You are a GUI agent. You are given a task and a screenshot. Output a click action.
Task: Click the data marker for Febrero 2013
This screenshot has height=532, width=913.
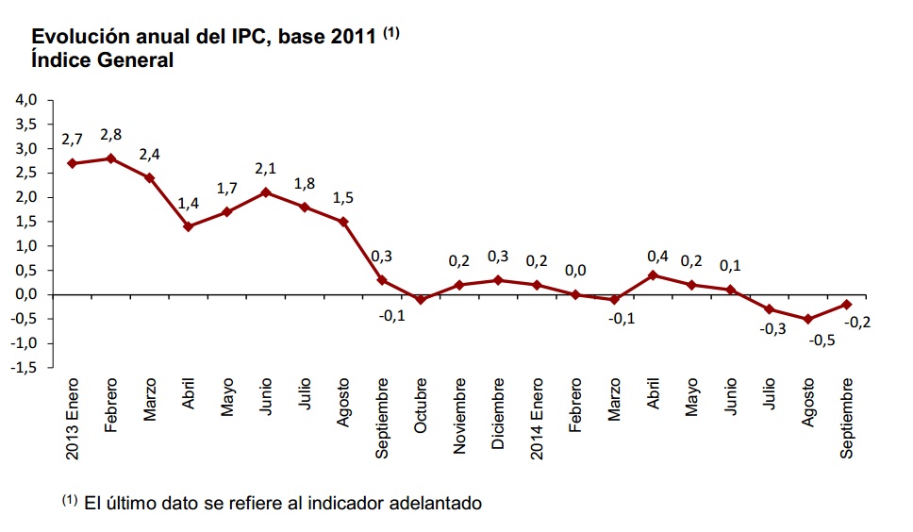tap(111, 158)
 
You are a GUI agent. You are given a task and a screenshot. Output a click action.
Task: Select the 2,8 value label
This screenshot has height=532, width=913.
tap(111, 134)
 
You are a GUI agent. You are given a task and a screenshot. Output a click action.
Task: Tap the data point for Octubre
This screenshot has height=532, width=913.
tap(421, 300)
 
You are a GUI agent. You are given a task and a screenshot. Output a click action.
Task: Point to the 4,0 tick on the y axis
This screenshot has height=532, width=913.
tap(25, 100)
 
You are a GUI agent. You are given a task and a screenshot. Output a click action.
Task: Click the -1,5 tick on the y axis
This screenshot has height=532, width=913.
tap(24, 368)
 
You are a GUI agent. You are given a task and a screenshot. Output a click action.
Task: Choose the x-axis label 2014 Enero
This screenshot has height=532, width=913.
tap(538, 420)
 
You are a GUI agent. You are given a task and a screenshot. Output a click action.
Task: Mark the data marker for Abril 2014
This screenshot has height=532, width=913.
tap(653, 275)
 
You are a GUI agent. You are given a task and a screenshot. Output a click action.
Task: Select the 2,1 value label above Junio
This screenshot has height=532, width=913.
tap(266, 168)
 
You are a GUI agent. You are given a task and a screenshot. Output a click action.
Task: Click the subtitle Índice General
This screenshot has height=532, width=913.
tap(103, 60)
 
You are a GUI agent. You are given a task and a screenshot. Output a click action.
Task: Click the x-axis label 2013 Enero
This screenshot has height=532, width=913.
tap(73, 420)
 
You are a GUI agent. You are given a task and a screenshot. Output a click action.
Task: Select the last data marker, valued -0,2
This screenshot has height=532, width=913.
tap(847, 304)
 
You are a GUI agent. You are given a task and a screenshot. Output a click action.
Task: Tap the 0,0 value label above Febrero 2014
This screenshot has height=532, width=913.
tap(576, 271)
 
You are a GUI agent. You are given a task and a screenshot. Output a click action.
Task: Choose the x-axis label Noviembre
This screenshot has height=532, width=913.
tap(459, 416)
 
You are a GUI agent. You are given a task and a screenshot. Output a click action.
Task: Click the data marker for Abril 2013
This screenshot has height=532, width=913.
tap(189, 226)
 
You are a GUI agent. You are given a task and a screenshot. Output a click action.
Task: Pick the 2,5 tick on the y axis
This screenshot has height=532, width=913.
tap(25, 173)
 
